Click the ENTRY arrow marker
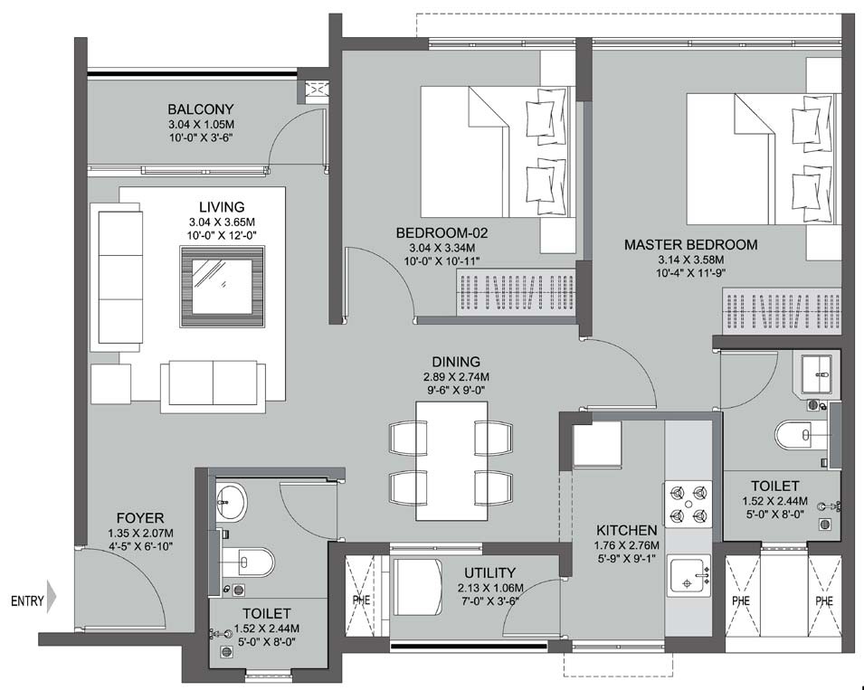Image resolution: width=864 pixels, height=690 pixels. pos(52,599)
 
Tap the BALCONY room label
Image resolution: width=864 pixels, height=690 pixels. pos(200,109)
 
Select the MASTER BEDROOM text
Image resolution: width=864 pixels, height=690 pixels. pos(691,244)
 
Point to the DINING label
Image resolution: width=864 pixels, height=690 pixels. pos(456,361)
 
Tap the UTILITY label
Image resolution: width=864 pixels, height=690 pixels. pos(489,572)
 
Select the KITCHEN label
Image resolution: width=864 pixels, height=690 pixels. pos(626,530)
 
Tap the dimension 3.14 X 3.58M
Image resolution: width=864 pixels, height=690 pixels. pos(691,260)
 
